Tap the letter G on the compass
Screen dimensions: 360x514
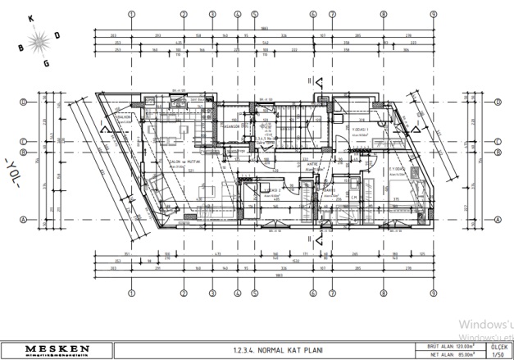pos(46,62)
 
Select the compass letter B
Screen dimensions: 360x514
pos(20,48)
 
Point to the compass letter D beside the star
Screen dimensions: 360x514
pos(57,34)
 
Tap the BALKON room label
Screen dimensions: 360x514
pos(124,117)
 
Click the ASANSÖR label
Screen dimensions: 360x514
pos(230,126)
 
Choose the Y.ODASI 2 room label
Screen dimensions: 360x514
pos(273,190)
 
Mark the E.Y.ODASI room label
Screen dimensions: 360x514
pos(398,170)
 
